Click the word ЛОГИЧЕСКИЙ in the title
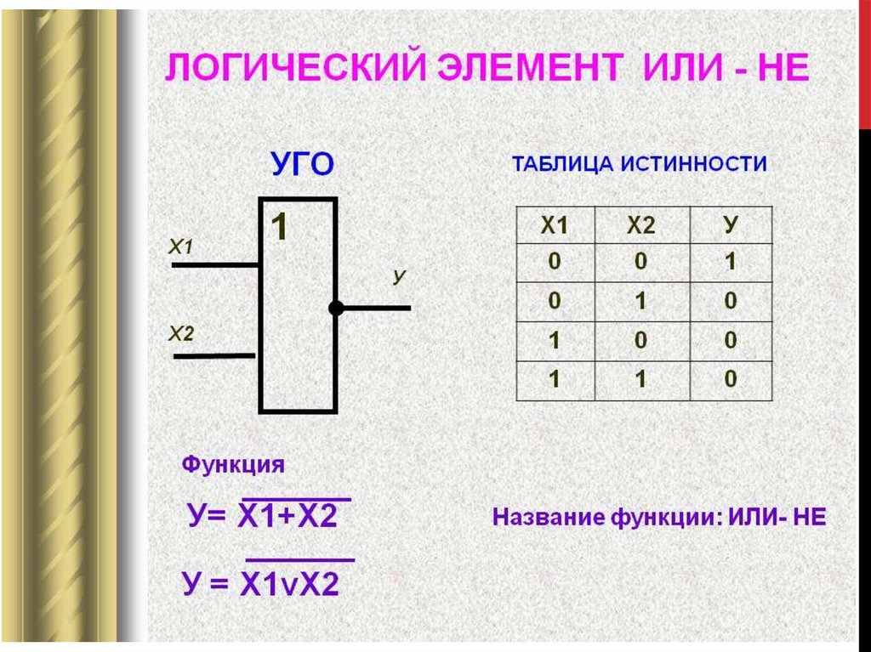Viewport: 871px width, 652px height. [295, 68]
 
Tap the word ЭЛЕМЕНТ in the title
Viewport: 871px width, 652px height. [530, 68]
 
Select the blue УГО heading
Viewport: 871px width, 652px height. [303, 164]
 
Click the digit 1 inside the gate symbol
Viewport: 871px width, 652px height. [279, 227]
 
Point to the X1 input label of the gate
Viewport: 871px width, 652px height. [181, 246]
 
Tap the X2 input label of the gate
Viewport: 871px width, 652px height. [182, 334]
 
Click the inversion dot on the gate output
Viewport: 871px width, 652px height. [336, 308]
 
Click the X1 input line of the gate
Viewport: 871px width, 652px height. [215, 265]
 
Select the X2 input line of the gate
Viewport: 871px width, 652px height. [214, 356]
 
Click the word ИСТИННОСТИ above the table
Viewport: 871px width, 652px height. [693, 164]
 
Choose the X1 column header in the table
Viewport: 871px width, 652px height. [555, 225]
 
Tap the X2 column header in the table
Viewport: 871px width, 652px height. [641, 225]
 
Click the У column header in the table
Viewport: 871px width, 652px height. [731, 225]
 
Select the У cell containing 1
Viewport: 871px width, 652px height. [731, 262]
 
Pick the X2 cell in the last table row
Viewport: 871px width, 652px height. [640, 379]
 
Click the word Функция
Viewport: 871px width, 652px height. [233, 464]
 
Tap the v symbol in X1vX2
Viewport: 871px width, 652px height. [287, 587]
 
